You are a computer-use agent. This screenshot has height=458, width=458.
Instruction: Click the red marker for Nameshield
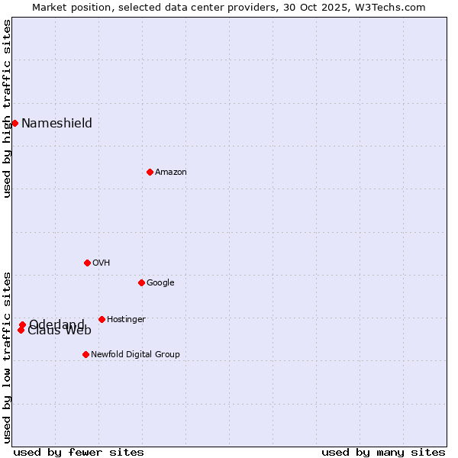15,123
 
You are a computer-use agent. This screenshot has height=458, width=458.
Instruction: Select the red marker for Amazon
150,172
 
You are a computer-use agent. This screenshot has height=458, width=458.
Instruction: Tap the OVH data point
87,263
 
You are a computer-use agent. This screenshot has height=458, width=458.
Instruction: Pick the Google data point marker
141,282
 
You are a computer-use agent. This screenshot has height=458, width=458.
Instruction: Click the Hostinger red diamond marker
102,319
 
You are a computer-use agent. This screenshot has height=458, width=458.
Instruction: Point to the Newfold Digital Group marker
85,354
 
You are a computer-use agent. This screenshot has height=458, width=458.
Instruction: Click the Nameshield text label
56,124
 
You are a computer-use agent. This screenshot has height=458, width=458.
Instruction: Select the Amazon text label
170,173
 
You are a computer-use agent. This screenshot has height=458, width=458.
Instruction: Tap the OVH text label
101,263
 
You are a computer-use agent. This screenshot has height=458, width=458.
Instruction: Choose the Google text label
160,283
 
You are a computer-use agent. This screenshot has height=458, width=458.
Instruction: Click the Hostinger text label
126,320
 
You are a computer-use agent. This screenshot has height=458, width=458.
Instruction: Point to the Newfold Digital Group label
135,355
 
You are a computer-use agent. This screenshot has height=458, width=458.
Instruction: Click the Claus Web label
60,331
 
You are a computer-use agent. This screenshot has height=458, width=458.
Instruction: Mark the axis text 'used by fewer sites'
79,453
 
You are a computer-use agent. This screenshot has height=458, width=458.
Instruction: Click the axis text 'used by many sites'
383,453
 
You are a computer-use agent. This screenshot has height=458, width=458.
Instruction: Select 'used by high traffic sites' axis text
7,108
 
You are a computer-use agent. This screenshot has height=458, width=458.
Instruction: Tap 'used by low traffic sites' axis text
7,356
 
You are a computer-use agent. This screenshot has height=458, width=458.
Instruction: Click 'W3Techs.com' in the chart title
393,7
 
